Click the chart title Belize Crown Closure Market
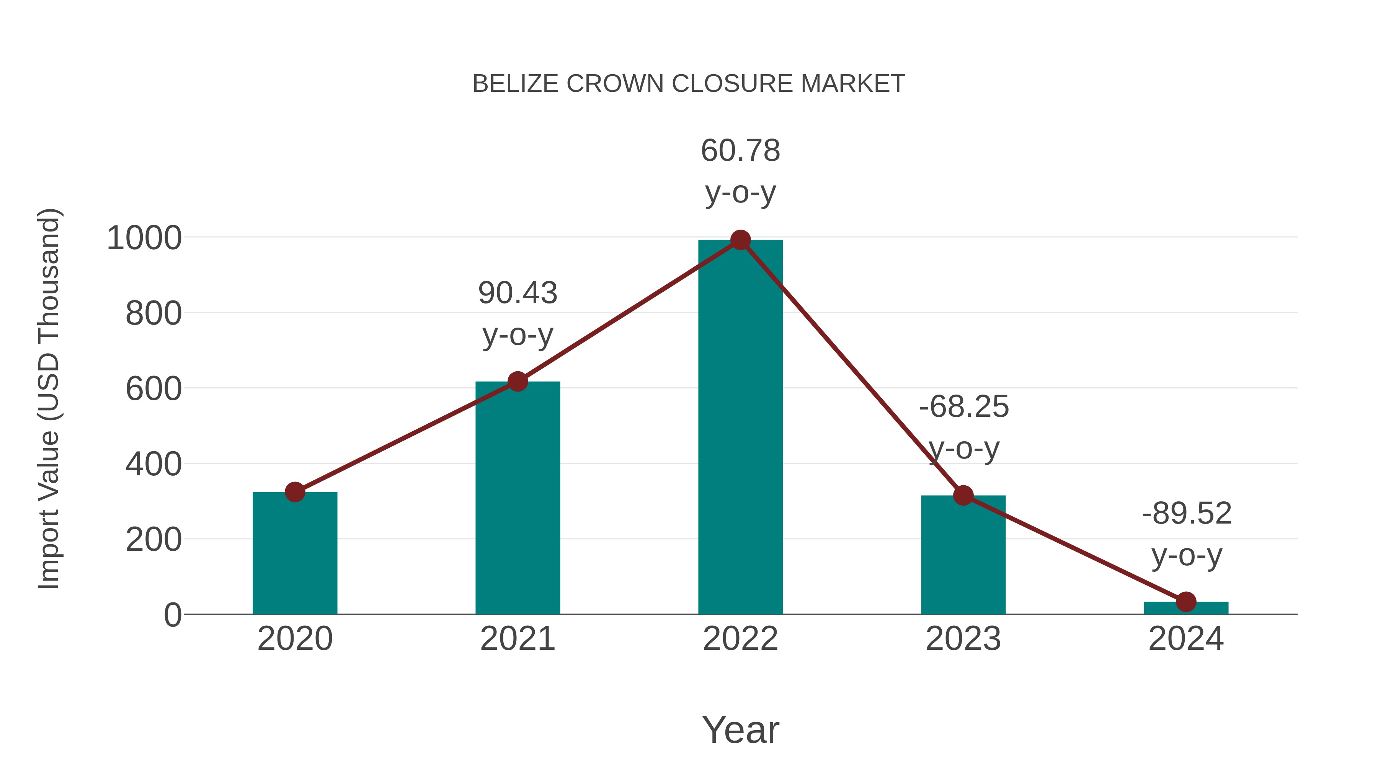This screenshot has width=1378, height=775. click(x=689, y=84)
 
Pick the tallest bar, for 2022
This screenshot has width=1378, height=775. click(x=740, y=428)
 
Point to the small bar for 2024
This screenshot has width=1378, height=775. click(x=1186, y=608)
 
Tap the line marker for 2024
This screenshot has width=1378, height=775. click(x=1186, y=602)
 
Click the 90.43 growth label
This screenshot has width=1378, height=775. click(x=517, y=293)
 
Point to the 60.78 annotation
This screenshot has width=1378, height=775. click(x=740, y=151)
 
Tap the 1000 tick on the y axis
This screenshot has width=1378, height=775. click(x=144, y=238)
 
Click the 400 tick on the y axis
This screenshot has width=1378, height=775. click(x=153, y=464)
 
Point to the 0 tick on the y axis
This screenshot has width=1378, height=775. click(x=172, y=615)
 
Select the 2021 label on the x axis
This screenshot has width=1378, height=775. click(x=517, y=639)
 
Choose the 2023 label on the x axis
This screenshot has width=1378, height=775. click(x=963, y=639)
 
